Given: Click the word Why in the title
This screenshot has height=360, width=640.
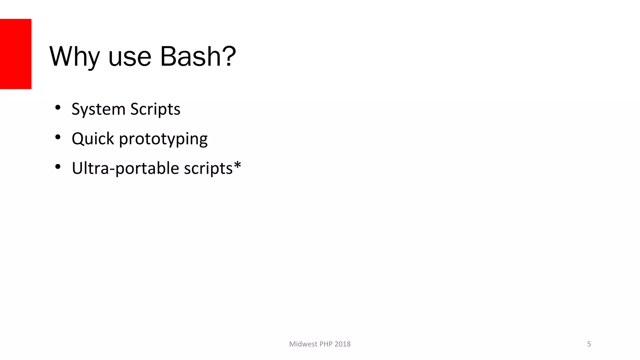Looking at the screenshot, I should pos(74,57).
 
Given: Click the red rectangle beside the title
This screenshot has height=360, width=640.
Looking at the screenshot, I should pos(16,54).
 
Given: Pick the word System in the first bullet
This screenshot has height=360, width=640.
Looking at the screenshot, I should pos(98,109).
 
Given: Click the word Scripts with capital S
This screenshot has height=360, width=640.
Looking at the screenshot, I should pos(155,109).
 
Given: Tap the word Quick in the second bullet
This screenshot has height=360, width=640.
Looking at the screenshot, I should pos(93,139).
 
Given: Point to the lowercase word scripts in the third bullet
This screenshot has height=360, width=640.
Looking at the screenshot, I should pos(208,169).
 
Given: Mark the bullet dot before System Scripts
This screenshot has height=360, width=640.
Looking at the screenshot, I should pos(57,108).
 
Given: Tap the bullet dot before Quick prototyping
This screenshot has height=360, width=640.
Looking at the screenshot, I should pos(57,137).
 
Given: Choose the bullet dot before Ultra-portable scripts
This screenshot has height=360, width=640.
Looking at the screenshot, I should pos(57,167).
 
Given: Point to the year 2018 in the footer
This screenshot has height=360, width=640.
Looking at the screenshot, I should pos(342,344).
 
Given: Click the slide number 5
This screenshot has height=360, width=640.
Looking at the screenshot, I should pos(589,344).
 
